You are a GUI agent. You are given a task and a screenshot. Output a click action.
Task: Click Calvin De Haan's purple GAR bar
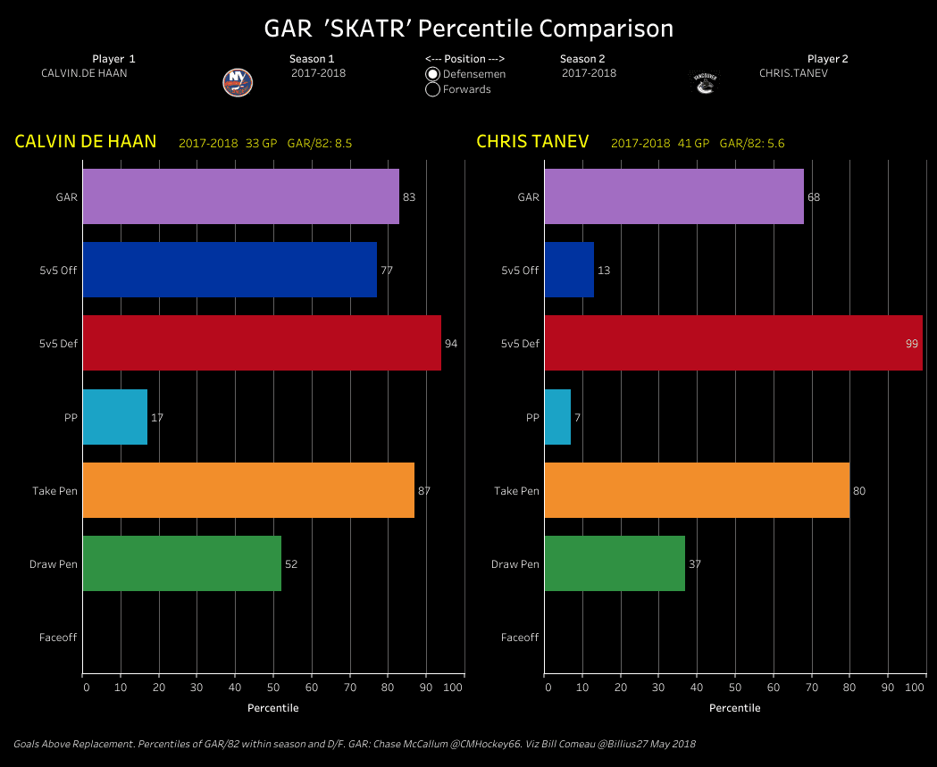point(240,196)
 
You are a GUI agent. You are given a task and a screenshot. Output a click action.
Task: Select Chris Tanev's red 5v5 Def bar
point(732,343)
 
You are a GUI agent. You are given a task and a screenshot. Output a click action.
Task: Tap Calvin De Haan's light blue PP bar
point(115,417)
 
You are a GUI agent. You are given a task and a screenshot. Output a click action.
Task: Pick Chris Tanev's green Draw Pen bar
point(615,563)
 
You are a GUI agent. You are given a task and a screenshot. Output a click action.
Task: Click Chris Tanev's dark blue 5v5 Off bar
point(569,270)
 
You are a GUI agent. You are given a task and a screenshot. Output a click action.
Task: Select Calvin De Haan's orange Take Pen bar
point(248,490)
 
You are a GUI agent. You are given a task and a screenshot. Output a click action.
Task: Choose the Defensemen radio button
point(433,74)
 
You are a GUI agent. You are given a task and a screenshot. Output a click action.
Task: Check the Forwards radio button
point(433,89)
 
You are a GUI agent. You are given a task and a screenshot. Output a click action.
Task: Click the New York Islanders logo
point(238,82)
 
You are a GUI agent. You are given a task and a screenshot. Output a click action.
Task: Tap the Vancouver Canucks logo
point(706,82)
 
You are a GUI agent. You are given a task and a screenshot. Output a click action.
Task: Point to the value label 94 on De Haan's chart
point(451,344)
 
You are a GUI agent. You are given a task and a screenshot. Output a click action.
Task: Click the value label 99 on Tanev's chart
point(912,344)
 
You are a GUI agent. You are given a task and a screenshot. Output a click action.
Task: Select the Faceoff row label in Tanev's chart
point(520,638)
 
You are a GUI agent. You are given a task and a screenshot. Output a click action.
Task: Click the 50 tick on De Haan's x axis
point(273,688)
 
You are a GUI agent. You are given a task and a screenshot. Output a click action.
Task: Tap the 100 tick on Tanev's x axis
point(916,688)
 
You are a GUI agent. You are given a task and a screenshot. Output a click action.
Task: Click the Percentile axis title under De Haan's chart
point(273,708)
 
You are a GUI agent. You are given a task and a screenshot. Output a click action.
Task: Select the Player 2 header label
point(827,59)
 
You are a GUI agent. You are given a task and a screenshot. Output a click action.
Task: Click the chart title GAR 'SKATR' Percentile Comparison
point(469,29)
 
